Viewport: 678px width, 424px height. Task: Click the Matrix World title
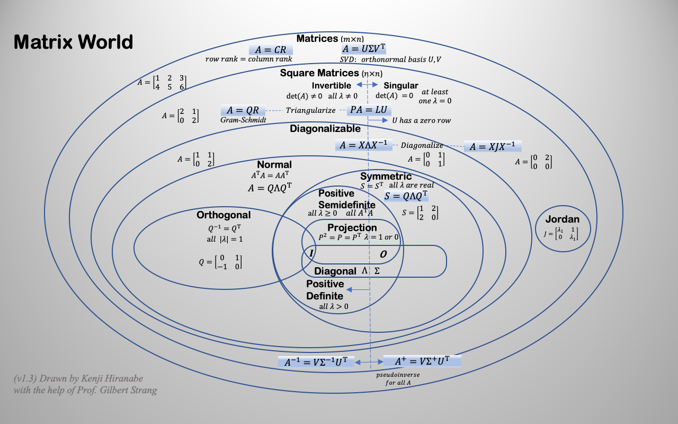pyautogui.click(x=73, y=42)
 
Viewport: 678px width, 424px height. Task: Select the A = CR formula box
pyautogui.click(x=271, y=49)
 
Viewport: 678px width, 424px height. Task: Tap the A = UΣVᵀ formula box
pyautogui.click(x=363, y=48)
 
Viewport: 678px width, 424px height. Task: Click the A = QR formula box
pyautogui.click(x=243, y=110)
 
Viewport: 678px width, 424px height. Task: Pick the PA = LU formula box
pyautogui.click(x=369, y=109)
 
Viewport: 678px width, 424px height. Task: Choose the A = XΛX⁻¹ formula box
pyautogui.click(x=363, y=145)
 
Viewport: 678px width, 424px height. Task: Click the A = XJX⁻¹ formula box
pyautogui.click(x=493, y=147)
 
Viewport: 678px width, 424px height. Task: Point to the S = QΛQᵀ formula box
pyautogui.click(x=406, y=196)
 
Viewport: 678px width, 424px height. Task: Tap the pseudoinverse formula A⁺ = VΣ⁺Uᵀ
pyautogui.click(x=422, y=361)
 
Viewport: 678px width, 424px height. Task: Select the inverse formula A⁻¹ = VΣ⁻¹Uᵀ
pyautogui.click(x=316, y=362)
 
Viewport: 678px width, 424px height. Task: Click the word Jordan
pyautogui.click(x=563, y=219)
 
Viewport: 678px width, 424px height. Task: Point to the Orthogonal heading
pyautogui.click(x=224, y=215)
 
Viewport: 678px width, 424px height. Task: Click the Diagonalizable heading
pyautogui.click(x=325, y=128)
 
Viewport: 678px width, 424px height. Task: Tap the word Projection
pyautogui.click(x=352, y=227)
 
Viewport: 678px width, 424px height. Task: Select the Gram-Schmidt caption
pyautogui.click(x=243, y=120)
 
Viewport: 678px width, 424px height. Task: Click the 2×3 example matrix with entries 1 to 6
pyautogui.click(x=162, y=82)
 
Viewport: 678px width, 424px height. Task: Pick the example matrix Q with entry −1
pyautogui.click(x=220, y=262)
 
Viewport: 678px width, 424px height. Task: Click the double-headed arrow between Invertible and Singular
pyautogui.click(x=367, y=85)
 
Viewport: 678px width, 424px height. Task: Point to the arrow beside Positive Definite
pyautogui.click(x=358, y=290)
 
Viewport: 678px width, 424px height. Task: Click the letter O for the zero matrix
pyautogui.click(x=383, y=254)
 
